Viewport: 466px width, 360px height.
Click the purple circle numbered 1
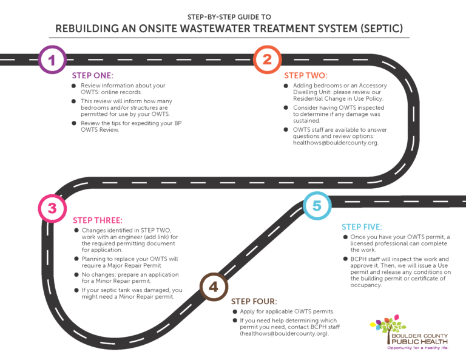coord(52,59)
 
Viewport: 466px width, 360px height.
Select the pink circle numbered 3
coord(52,208)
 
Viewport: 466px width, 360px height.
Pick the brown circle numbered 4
coord(214,287)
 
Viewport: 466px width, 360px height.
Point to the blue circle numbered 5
coord(317,206)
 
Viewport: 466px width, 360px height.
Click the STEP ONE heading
coord(93,75)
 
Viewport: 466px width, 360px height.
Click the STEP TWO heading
coord(306,75)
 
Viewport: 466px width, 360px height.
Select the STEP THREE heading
coord(98,220)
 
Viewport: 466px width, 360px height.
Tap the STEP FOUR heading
coord(254,301)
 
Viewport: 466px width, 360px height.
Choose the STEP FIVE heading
coord(362,226)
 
